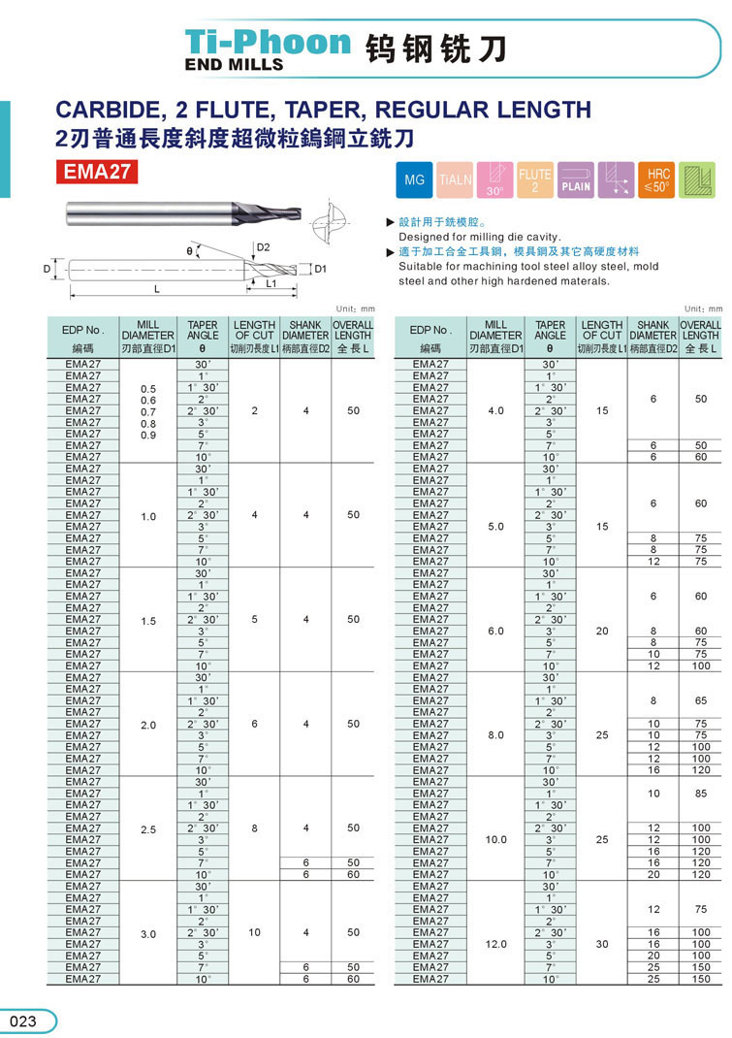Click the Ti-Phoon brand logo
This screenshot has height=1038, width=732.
click(268, 42)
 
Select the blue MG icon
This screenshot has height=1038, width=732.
click(414, 181)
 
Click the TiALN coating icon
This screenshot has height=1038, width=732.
click(455, 181)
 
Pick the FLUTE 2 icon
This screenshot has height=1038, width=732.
click(534, 181)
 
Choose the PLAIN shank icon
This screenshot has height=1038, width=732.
click(575, 181)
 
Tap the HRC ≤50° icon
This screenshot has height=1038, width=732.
click(658, 181)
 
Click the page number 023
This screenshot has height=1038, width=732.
click(23, 1021)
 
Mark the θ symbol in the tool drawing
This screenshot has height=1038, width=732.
click(190, 251)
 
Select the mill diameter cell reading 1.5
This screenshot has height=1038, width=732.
click(147, 620)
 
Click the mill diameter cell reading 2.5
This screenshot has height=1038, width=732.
click(147, 828)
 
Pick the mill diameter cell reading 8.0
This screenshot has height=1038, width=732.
click(495, 735)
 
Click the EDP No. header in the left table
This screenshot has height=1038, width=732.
click(82, 330)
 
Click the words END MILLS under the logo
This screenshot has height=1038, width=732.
click(234, 64)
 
